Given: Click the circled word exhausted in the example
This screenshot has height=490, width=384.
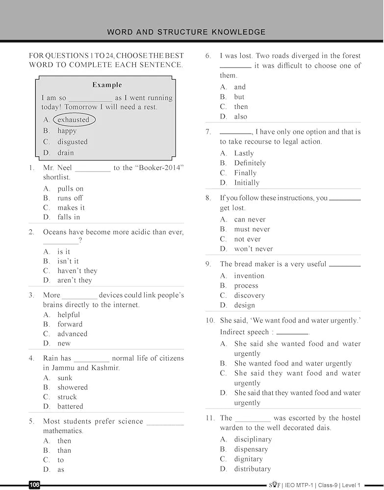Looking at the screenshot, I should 74,120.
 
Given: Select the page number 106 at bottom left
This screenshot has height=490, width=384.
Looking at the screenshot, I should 34,485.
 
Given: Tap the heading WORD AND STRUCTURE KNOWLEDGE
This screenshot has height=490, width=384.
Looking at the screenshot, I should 186,32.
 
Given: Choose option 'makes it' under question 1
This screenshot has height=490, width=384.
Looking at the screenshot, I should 71,208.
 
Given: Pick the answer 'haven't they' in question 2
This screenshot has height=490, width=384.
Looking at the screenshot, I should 77,270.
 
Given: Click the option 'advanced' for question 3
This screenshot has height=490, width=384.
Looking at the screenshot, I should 72,334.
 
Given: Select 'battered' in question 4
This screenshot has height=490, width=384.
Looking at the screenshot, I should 70,406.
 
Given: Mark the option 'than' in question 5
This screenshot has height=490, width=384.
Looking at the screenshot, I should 64,450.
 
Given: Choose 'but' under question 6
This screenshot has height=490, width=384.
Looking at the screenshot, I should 239,97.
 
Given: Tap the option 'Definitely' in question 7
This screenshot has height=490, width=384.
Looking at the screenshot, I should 250,163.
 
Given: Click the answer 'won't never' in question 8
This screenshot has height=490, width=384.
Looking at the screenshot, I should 254,249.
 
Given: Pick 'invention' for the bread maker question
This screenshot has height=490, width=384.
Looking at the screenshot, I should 249,276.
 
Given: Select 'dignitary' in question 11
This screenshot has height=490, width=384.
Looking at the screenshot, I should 249,459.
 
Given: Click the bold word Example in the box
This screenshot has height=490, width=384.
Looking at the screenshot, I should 107,85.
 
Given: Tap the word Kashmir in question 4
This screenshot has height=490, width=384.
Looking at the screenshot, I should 104,367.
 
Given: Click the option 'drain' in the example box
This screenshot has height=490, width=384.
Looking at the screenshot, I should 66,152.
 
